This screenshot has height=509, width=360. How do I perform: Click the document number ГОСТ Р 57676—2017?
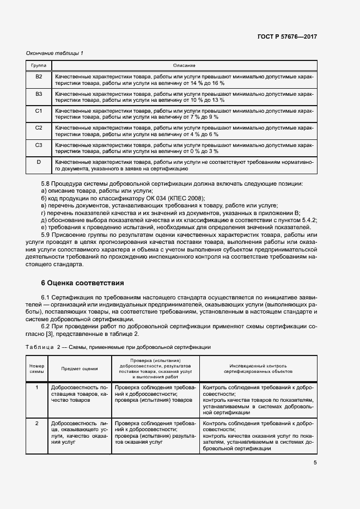click(x=286, y=36)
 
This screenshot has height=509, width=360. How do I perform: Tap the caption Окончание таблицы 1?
click(x=55, y=53)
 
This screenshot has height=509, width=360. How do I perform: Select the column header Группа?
click(x=38, y=65)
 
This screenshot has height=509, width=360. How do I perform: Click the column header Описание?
click(x=184, y=65)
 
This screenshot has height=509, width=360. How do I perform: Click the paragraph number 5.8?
click(x=46, y=185)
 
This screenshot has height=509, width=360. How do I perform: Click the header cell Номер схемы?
click(x=36, y=369)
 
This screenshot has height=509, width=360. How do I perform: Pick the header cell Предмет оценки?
click(x=80, y=369)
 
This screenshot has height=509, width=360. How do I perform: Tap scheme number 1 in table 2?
click(x=36, y=388)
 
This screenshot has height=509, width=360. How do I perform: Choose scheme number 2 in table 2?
click(x=36, y=422)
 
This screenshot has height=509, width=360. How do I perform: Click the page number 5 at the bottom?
click(x=315, y=463)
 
